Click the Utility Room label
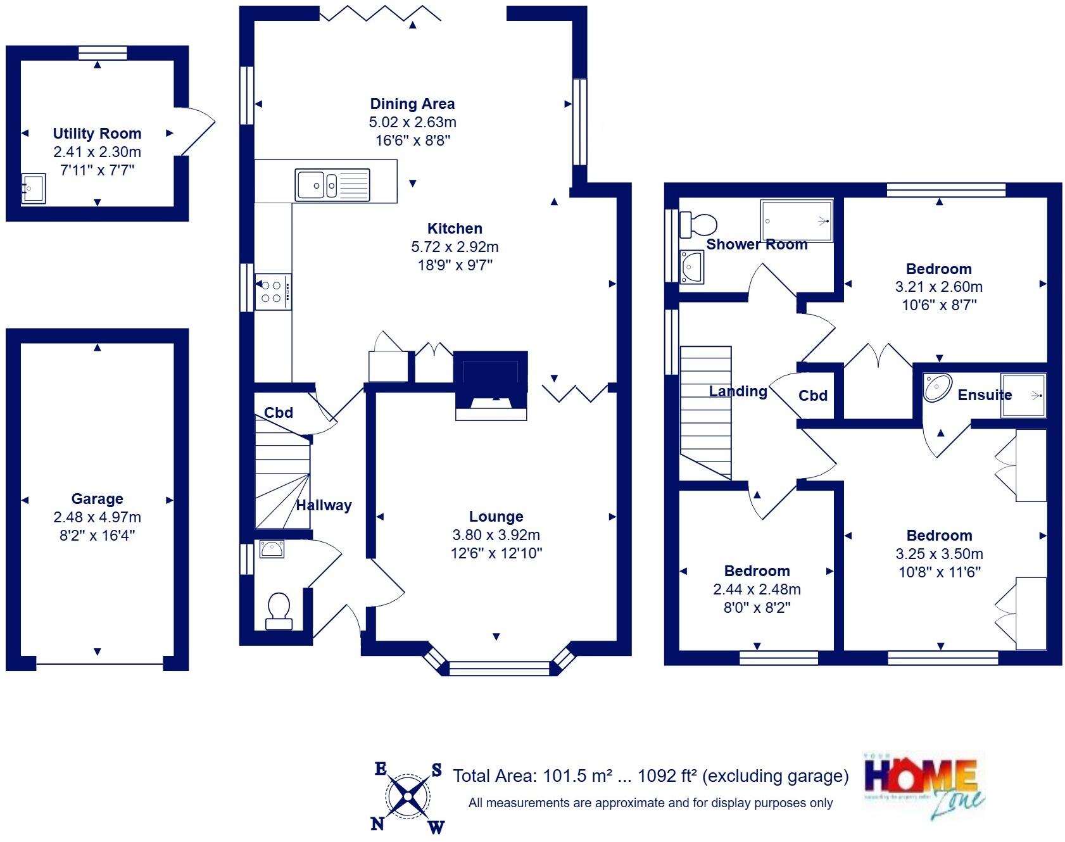[97, 134]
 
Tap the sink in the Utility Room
[34, 189]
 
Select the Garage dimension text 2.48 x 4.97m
[97, 517]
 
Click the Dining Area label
[412, 104]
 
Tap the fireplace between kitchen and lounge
[491, 386]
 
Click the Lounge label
[496, 517]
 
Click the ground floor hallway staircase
[282, 481]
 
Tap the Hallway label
[324, 505]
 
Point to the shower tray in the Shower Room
[797, 221]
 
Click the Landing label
[738, 391]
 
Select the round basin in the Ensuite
[938, 387]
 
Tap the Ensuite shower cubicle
[1023, 396]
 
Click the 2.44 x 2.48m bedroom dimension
[757, 589]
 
